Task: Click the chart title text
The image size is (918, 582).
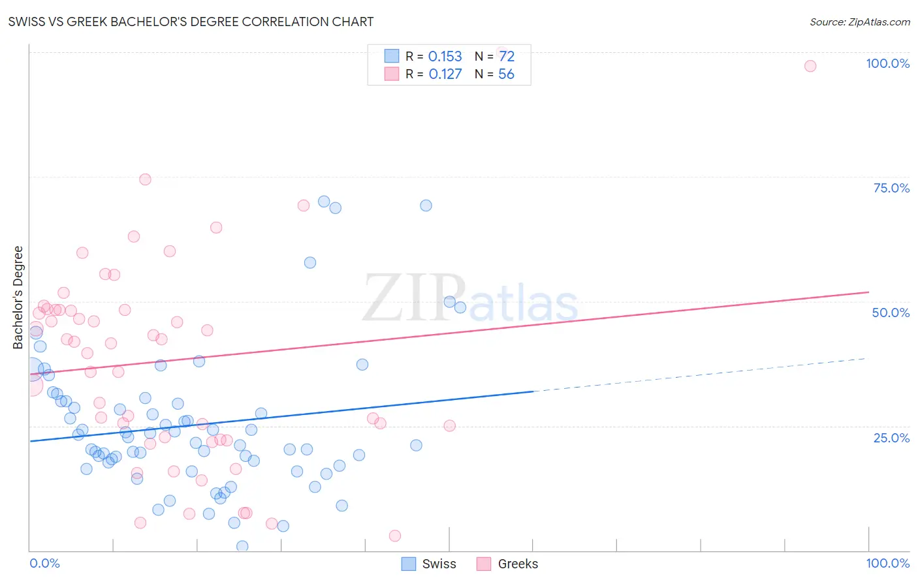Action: click(x=191, y=22)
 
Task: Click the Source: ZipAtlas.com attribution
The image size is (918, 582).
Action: click(x=859, y=22)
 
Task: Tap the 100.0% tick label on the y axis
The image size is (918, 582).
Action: click(x=887, y=63)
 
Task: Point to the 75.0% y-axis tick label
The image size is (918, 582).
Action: click(x=891, y=188)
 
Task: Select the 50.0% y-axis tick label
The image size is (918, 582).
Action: click(x=891, y=313)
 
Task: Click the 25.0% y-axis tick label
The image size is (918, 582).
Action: click(x=891, y=438)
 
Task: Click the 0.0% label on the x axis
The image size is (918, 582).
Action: click(x=44, y=563)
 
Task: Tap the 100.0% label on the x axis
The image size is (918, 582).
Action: click(x=887, y=563)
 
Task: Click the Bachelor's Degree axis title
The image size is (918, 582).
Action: click(x=18, y=298)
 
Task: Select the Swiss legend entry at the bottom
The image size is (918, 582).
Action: click(x=429, y=564)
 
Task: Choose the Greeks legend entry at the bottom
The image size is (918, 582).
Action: click(x=508, y=564)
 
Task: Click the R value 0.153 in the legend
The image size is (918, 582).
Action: click(x=445, y=57)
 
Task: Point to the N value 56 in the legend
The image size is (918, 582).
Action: click(x=506, y=74)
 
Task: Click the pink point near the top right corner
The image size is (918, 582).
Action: click(x=810, y=66)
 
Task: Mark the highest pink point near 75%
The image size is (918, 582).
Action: click(x=145, y=179)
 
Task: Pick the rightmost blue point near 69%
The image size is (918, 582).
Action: click(x=426, y=206)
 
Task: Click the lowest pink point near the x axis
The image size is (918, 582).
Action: click(x=394, y=536)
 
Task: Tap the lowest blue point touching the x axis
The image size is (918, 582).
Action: click(x=242, y=546)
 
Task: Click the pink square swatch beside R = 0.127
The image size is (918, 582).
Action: click(x=391, y=74)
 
